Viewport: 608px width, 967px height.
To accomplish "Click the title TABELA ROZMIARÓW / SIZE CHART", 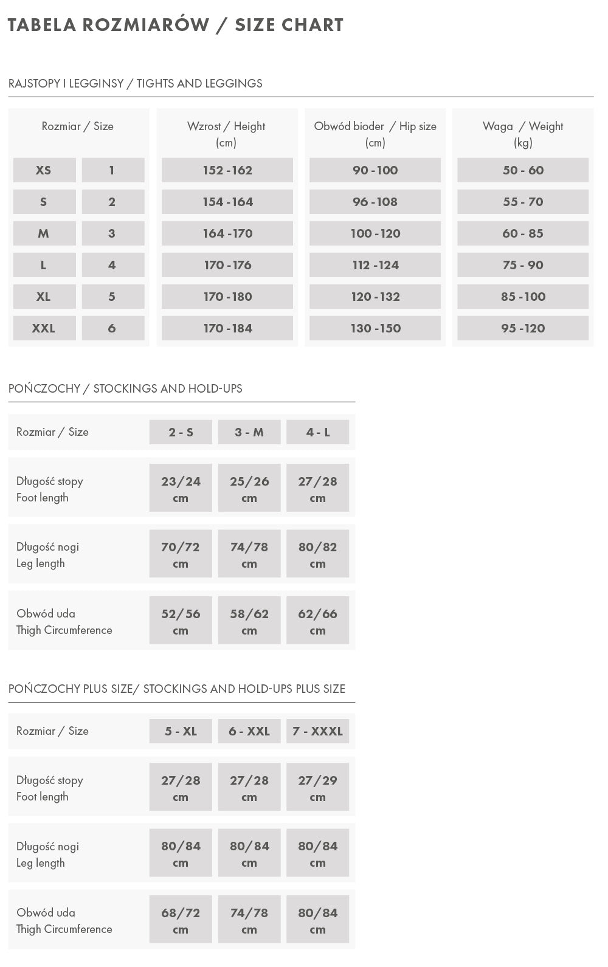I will point(175,25).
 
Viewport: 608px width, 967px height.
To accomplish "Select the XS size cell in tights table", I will point(44,170).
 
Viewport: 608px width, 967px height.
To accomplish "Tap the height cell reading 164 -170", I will point(227,233).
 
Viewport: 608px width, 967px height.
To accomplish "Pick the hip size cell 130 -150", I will point(375,328).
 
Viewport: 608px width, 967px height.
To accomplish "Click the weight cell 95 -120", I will point(523,328).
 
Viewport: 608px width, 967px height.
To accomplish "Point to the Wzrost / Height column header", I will point(226,134).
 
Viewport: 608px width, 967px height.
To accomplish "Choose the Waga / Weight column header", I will point(523,134).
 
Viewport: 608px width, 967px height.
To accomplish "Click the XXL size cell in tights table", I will point(44,328).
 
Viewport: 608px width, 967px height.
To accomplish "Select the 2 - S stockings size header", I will point(181,432).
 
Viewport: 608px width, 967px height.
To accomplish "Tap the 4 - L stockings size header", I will point(317,432).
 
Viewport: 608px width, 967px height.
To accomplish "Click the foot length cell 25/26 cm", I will point(249,489).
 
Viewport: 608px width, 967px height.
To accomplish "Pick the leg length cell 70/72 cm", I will point(181,555).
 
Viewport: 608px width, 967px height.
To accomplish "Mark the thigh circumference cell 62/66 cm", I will point(317,622).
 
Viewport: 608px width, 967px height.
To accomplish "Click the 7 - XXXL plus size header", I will point(317,731).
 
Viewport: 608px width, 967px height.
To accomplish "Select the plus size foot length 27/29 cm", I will point(317,788).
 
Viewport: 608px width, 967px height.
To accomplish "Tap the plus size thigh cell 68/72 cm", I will point(181,921).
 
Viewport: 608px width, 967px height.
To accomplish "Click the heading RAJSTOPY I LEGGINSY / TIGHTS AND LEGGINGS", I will point(136,83).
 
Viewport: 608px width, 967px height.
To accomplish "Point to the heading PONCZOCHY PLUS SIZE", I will point(177,689).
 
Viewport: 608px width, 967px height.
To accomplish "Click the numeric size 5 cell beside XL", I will point(112,297).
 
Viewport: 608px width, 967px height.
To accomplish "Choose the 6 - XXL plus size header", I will point(249,731).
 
